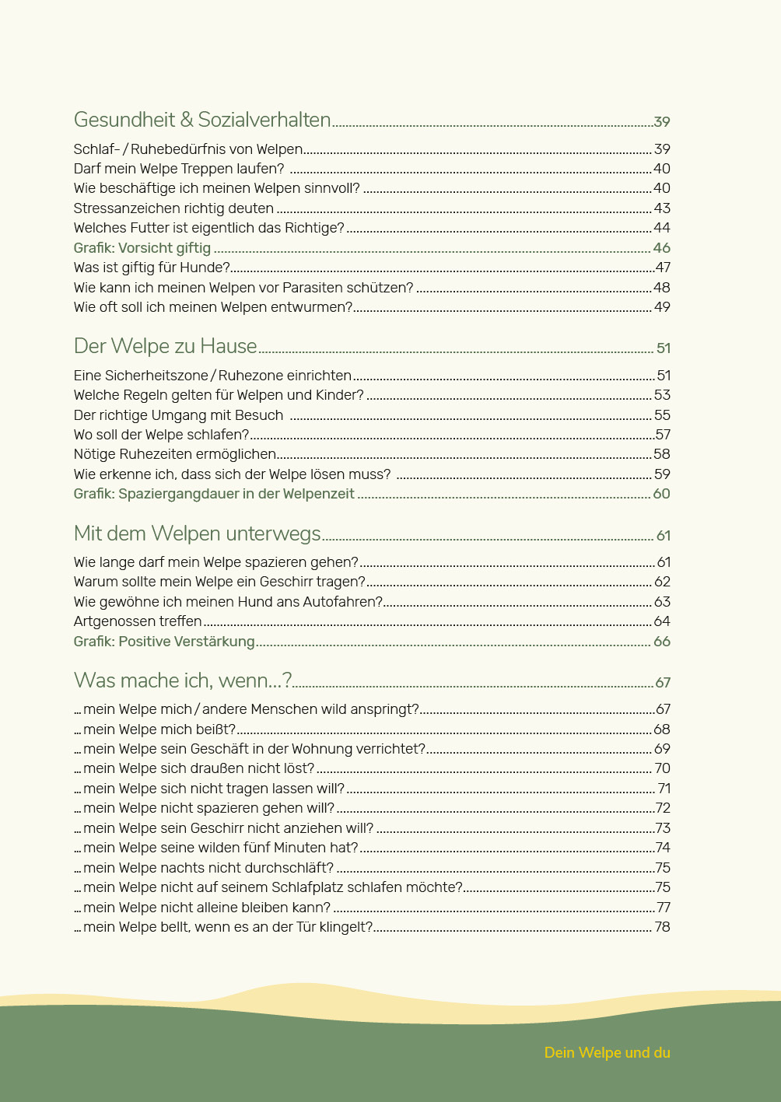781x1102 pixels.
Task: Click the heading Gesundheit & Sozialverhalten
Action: pyautogui.click(x=202, y=120)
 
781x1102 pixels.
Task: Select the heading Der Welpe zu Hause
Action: pyautogui.click(x=165, y=346)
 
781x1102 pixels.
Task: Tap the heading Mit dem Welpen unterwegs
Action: pyautogui.click(x=197, y=534)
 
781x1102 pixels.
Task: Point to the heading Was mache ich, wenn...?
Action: pyautogui.click(x=183, y=680)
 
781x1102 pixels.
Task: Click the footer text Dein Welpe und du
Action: pyautogui.click(x=607, y=1052)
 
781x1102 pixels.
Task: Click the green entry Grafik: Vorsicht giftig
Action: pyautogui.click(x=142, y=248)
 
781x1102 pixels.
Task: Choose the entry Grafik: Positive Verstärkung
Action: pyautogui.click(x=164, y=642)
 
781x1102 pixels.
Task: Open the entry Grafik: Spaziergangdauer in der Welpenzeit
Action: pyautogui.click(x=214, y=494)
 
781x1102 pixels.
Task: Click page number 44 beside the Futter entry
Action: pyautogui.click(x=661, y=228)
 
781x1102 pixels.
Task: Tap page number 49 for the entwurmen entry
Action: pyautogui.click(x=661, y=307)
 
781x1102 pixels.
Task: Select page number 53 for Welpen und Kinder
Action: pyautogui.click(x=661, y=395)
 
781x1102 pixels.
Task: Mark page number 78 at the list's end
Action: pyautogui.click(x=661, y=927)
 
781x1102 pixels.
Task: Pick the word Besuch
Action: pyautogui.click(x=258, y=415)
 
